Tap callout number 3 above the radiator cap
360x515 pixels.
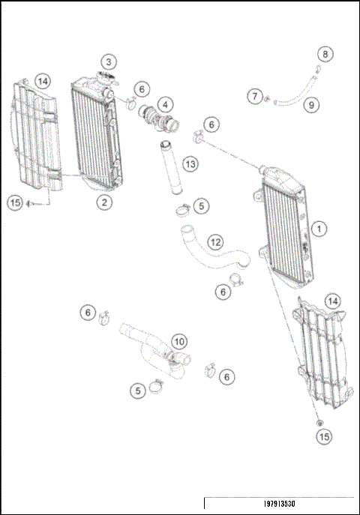109,61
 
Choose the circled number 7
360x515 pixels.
256,96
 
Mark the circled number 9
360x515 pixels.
310,105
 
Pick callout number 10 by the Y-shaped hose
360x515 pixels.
179,342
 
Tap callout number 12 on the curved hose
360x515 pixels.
215,242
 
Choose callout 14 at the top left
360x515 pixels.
42,81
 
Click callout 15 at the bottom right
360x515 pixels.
323,436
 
